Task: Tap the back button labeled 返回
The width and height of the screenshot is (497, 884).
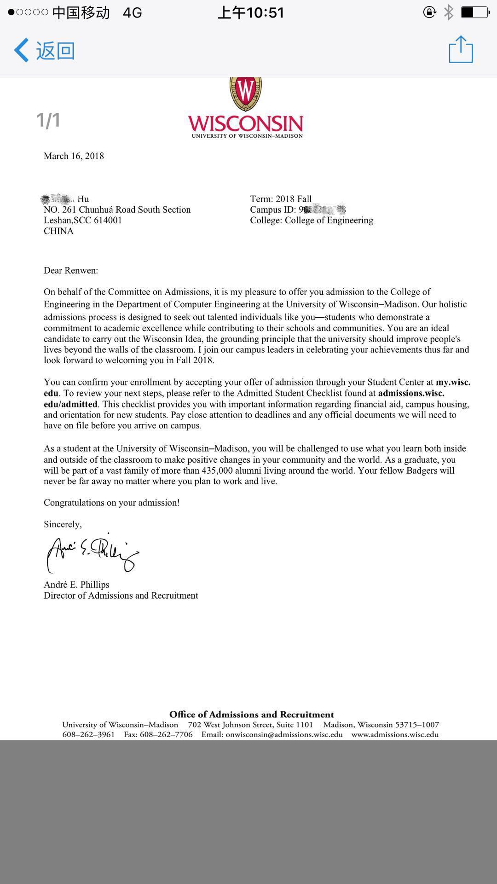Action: point(45,50)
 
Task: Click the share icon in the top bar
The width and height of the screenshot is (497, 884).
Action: point(461,49)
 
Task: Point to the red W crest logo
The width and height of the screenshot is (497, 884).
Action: point(246,92)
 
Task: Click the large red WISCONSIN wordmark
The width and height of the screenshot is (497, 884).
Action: point(245,123)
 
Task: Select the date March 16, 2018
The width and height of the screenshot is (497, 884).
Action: point(74,156)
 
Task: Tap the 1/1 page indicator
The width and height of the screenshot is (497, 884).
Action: point(48,120)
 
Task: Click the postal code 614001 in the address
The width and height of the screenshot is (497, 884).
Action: point(108,220)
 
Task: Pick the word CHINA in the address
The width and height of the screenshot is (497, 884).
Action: point(58,231)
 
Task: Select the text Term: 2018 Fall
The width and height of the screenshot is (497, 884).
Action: point(281,199)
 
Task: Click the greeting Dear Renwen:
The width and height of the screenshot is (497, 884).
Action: point(71,270)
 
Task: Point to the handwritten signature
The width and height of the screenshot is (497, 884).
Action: point(92,553)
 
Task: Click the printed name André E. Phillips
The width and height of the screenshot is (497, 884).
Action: point(76,585)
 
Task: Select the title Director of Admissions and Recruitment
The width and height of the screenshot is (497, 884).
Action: point(121,595)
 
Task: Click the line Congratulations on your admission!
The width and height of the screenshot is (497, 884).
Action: point(111,502)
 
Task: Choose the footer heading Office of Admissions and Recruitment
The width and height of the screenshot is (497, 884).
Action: point(251,715)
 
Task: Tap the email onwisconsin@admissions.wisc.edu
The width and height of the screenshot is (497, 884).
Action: point(284,734)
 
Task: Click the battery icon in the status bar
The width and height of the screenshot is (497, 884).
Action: point(474,12)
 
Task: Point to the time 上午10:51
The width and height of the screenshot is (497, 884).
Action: point(251,12)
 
